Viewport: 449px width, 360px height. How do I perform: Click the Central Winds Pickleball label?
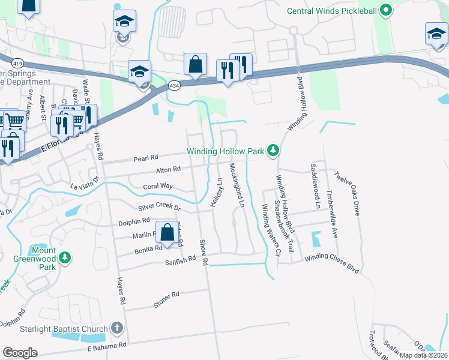click(332, 10)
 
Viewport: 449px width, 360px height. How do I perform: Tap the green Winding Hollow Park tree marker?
click(273, 151)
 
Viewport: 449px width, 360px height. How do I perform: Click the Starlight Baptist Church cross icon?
click(116, 329)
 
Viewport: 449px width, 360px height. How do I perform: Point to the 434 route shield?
click(172, 86)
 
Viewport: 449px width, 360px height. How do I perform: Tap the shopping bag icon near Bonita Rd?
click(166, 232)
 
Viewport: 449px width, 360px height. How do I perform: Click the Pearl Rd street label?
click(145, 157)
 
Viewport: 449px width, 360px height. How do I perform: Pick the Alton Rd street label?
click(168, 170)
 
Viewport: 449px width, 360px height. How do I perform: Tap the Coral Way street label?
click(157, 187)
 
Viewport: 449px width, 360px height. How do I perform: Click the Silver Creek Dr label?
click(159, 206)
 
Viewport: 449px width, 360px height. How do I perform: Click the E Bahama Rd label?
click(107, 346)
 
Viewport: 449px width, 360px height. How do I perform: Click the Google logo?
click(20, 353)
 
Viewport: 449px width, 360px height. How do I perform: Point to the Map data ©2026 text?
click(423, 355)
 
